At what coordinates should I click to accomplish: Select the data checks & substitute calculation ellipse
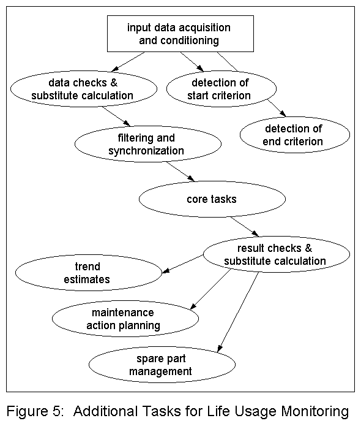tap(91, 88)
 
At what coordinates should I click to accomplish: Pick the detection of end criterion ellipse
tap(294, 135)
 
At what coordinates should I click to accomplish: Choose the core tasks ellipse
tap(212, 199)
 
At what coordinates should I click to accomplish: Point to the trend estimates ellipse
tap(89, 273)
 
